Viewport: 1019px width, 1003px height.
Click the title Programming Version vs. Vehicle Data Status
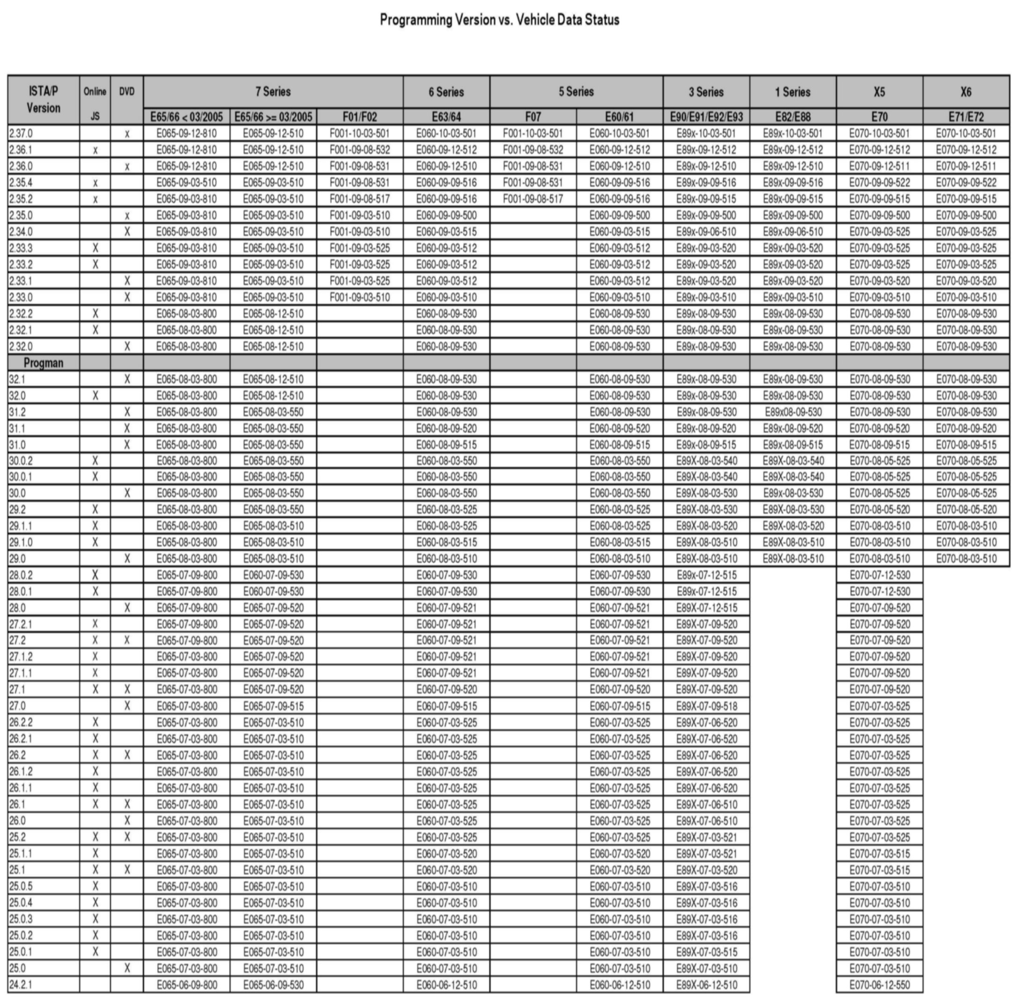(x=499, y=20)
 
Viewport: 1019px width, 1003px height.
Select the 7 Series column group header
(x=273, y=92)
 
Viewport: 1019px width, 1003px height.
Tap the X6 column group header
(x=965, y=92)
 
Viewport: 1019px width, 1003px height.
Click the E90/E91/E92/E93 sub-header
(x=706, y=117)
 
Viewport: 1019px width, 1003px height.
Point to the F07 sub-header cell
(x=532, y=117)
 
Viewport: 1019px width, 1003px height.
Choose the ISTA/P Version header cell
(x=43, y=100)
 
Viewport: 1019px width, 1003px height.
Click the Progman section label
(x=43, y=363)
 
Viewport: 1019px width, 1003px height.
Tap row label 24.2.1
(x=21, y=984)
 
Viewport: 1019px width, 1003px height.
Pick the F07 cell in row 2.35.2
(x=532, y=199)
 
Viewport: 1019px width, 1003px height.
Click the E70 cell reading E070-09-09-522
(x=879, y=183)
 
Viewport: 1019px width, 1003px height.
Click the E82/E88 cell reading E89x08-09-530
(x=792, y=412)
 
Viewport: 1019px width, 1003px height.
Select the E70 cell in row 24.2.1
(x=879, y=985)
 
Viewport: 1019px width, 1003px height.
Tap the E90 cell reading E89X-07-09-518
(x=706, y=706)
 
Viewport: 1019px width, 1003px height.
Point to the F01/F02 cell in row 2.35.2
(x=360, y=199)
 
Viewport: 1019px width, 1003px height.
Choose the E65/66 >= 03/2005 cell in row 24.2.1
(x=273, y=985)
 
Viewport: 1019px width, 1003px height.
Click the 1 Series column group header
(x=792, y=92)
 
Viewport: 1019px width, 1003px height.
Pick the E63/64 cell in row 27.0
(x=446, y=706)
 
